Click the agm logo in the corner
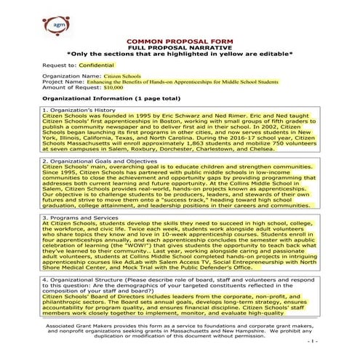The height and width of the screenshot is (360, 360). pyautogui.click(x=21, y=20)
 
